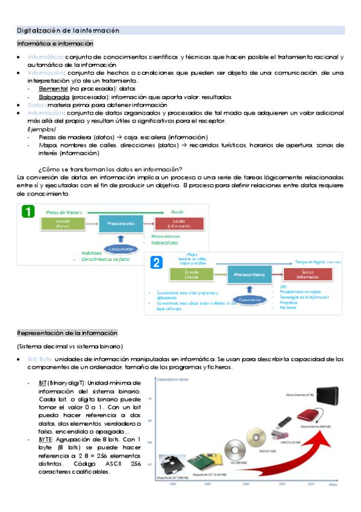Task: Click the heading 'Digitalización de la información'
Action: (67, 30)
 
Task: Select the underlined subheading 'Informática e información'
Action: (55, 43)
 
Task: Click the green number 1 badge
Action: (28, 212)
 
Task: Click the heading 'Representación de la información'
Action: (67, 333)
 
